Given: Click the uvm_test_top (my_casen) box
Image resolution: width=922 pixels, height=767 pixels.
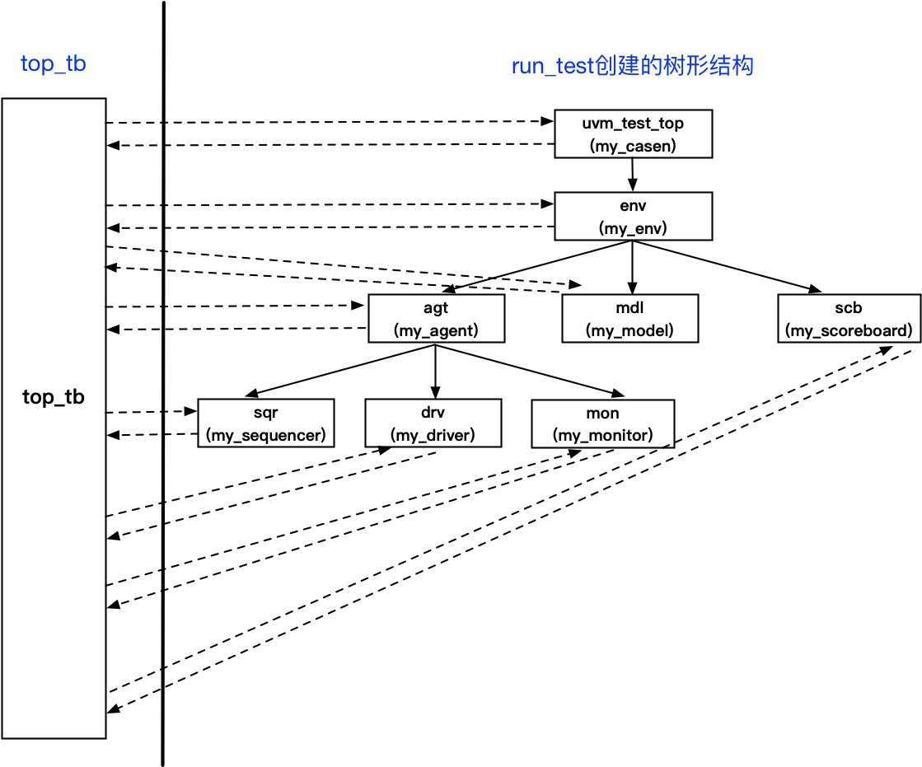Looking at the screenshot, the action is tap(634, 134).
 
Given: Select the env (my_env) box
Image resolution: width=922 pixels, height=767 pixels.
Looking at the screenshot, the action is tap(634, 217).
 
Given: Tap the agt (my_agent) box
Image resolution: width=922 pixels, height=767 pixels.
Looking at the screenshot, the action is tap(437, 319).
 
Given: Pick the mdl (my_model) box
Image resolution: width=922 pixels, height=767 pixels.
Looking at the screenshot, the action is tap(630, 319).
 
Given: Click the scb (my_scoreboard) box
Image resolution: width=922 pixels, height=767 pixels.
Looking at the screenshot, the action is tap(849, 319).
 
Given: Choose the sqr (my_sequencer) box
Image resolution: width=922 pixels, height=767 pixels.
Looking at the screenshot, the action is tap(266, 423).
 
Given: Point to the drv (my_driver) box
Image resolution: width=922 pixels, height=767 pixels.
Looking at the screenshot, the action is tap(433, 423).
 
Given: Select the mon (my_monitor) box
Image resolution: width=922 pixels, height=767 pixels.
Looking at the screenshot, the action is tap(602, 423).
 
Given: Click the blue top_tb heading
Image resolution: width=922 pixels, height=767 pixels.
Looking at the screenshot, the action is tap(54, 63).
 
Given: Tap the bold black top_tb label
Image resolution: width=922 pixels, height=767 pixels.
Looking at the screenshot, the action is tap(54, 397).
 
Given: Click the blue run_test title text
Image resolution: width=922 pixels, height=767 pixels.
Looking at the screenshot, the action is tap(633, 66).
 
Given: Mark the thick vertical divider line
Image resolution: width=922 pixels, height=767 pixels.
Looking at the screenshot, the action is tap(163, 383).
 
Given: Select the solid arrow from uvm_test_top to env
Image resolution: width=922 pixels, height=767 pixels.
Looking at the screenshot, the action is tap(633, 175).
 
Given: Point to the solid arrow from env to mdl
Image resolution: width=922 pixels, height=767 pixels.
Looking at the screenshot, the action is tap(633, 268).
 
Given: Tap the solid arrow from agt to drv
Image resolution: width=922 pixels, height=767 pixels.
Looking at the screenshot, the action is tap(435, 372).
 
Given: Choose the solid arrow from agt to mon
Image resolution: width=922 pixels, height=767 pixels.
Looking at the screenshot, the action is tap(530, 370).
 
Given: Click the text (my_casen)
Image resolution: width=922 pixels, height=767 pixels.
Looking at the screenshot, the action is tap(633, 146).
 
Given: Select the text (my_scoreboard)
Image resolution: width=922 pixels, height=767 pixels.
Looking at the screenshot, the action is tap(849, 330).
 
